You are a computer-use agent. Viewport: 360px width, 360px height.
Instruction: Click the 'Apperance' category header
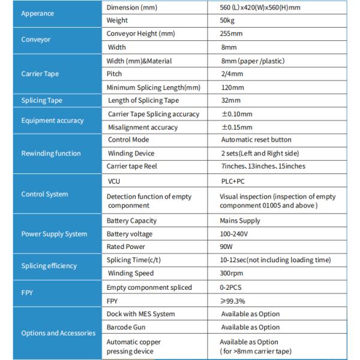click(x=37, y=13)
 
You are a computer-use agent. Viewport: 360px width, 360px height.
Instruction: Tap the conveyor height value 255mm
click(x=232, y=34)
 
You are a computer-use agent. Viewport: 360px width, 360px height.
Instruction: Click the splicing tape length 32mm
click(x=230, y=100)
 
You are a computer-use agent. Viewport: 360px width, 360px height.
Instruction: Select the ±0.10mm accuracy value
click(x=238, y=113)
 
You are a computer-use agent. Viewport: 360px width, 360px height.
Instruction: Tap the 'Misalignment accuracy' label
click(x=142, y=127)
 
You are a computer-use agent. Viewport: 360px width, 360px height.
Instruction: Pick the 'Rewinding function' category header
click(x=51, y=153)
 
